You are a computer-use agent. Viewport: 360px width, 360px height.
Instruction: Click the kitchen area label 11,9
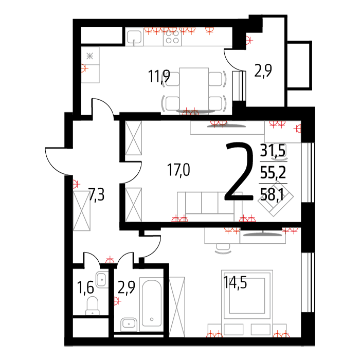coord(159,77)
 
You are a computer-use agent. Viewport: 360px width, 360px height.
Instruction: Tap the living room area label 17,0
coord(178,170)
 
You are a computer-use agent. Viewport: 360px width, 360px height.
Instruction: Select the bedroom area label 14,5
coord(235,282)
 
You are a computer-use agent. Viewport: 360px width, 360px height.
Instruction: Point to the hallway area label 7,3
coord(97,195)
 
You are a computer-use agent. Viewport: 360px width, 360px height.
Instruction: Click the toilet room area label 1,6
coord(85,287)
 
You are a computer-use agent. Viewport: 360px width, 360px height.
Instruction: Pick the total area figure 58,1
coord(272,195)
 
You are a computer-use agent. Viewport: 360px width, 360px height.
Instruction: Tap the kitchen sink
coord(134,37)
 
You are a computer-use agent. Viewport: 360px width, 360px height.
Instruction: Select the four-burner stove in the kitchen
coord(172,38)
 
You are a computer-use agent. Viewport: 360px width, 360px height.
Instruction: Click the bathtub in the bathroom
coord(152,303)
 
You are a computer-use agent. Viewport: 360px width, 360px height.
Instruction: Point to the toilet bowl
coord(93,305)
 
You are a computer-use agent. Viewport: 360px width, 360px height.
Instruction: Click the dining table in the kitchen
coord(194,89)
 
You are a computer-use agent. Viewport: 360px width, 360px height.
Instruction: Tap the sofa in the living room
coord(210,207)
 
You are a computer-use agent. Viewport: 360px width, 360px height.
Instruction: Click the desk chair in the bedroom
coord(223,248)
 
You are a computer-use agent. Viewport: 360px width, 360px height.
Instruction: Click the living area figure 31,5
coord(273,150)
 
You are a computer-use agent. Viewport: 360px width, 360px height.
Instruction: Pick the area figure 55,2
coord(273,172)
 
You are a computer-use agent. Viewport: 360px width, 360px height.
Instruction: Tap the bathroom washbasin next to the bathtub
coord(129,324)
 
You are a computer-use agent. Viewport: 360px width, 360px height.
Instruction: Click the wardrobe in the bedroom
coord(177,307)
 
